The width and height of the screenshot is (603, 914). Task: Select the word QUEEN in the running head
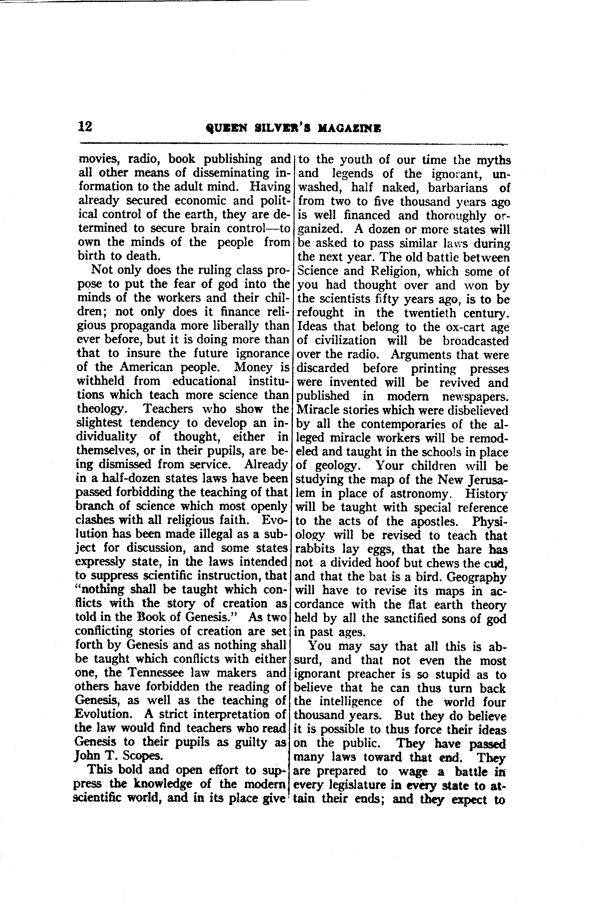[x=225, y=129]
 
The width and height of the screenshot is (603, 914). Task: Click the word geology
[x=338, y=466]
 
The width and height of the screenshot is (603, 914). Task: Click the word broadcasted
[x=475, y=341]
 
